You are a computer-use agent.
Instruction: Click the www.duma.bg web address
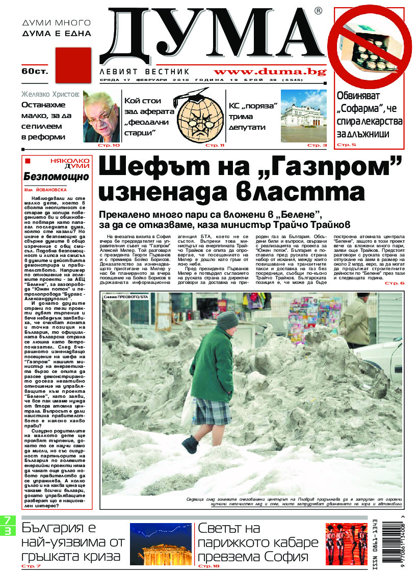coord(270,72)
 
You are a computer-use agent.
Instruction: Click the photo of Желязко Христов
coord(101,116)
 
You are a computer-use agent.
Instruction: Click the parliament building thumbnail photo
coord(303,116)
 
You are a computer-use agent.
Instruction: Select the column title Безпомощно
coord(56,177)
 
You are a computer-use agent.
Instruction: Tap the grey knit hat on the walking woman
coord(227,321)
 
